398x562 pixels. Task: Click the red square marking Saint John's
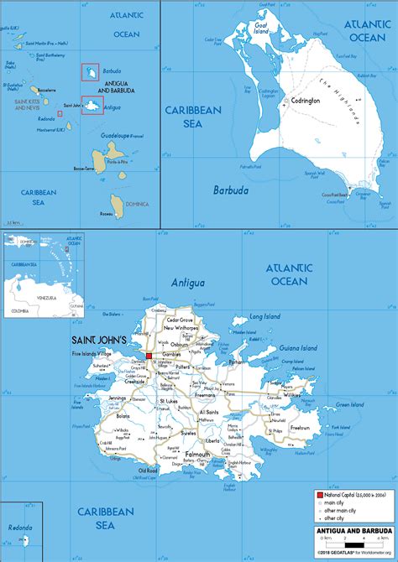coord(149,356)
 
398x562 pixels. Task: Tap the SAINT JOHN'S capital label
coord(97,341)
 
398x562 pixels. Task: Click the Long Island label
coord(261,317)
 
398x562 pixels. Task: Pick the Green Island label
coord(352,404)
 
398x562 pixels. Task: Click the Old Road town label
coord(148,471)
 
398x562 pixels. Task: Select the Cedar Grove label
coord(181,320)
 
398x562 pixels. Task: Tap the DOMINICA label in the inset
coord(137,204)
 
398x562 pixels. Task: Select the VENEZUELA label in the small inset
coord(45,296)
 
